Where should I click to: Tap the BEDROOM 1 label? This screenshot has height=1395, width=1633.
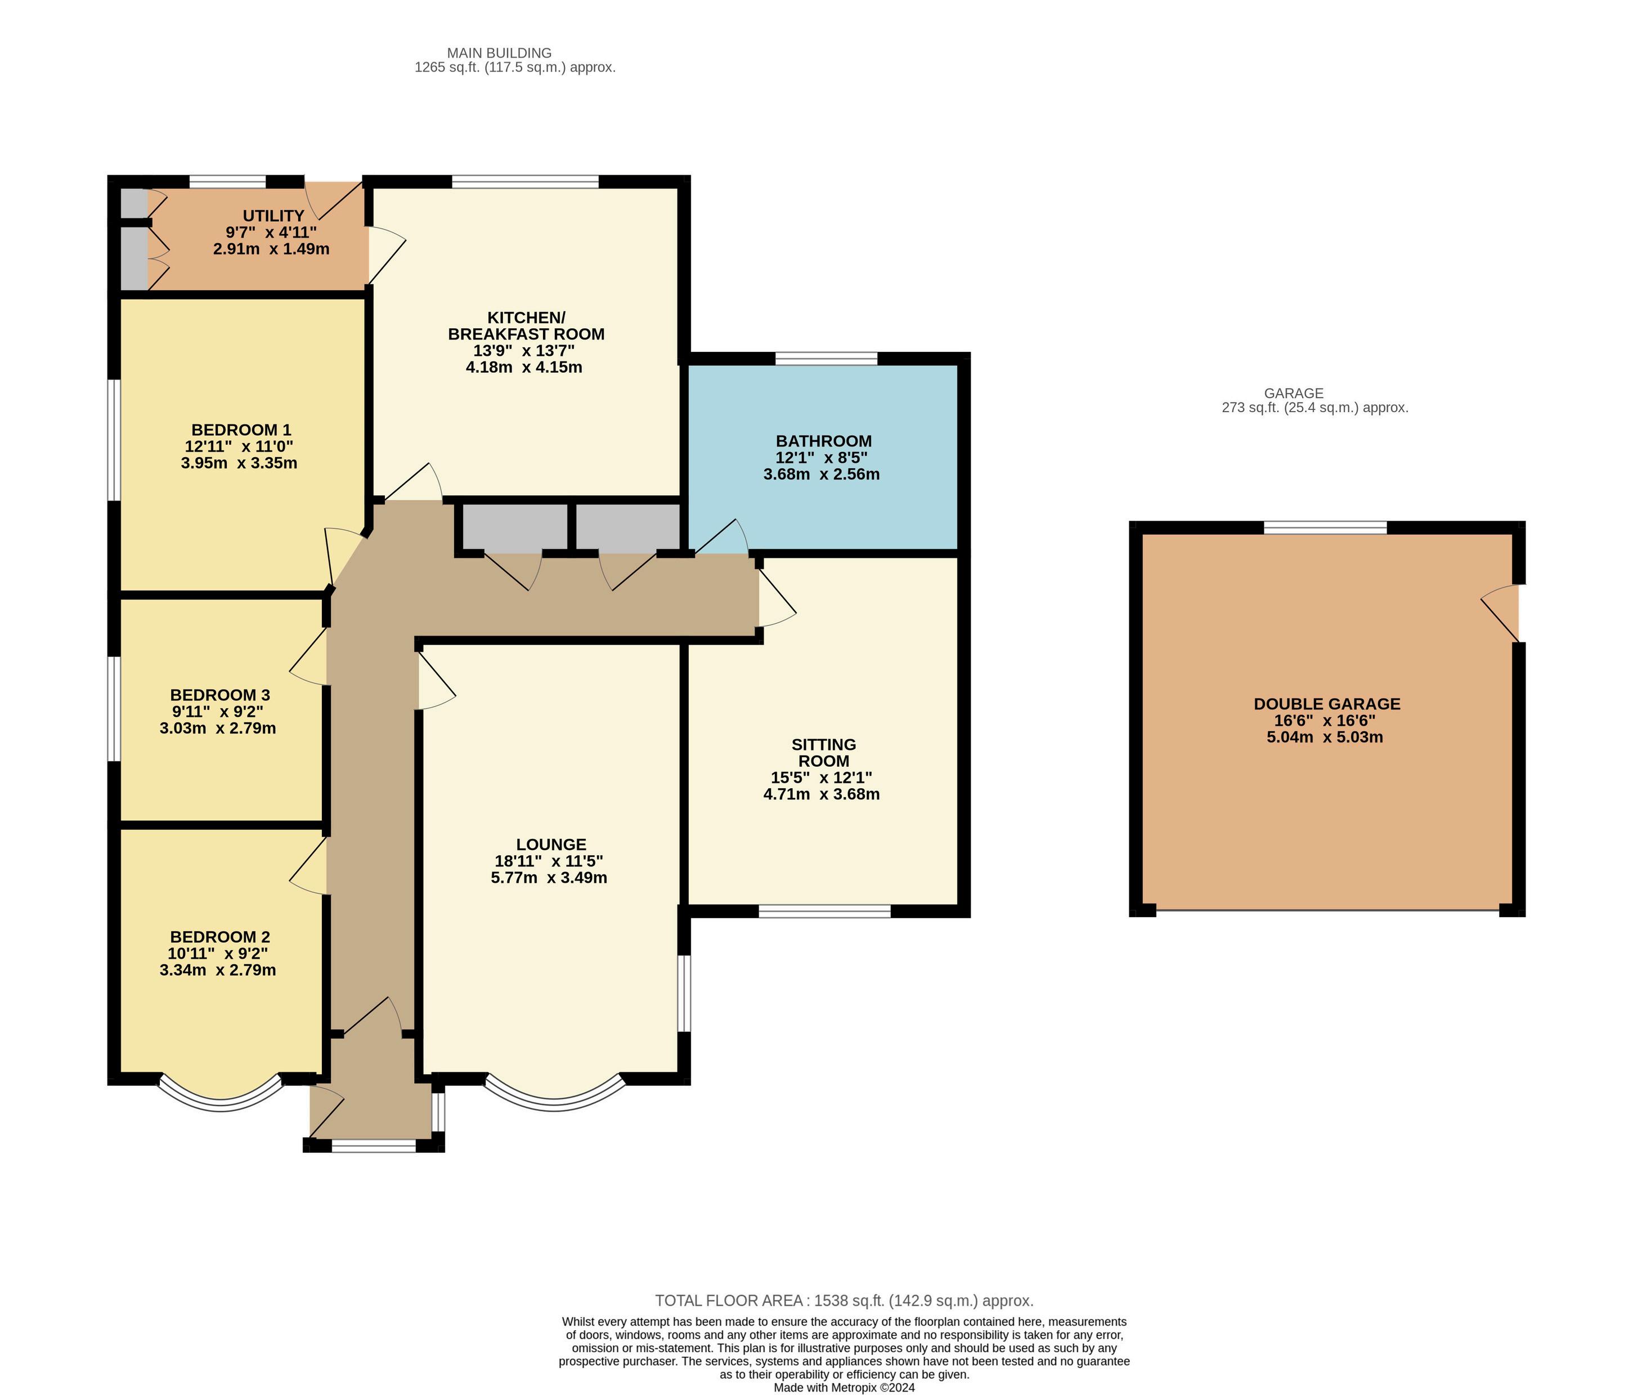click(241, 430)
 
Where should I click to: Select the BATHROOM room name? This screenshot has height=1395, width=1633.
click(824, 441)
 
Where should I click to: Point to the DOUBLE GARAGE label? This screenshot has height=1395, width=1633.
click(1327, 704)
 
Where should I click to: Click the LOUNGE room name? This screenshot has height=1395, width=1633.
click(551, 844)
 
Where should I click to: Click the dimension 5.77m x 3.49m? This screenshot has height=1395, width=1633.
click(549, 878)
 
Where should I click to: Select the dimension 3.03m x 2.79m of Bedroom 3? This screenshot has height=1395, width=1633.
click(218, 728)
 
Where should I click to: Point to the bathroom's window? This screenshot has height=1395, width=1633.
click(826, 359)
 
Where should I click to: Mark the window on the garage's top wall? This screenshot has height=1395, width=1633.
click(1326, 527)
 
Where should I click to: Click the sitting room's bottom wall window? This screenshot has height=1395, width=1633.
click(824, 911)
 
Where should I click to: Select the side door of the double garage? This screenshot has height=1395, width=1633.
click(1501, 614)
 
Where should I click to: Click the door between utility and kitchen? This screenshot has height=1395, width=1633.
click(386, 254)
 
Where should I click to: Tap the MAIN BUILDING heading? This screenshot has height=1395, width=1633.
click(499, 53)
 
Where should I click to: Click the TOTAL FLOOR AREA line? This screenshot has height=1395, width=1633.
click(844, 1301)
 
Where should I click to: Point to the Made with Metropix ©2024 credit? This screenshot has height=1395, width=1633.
click(844, 1387)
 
